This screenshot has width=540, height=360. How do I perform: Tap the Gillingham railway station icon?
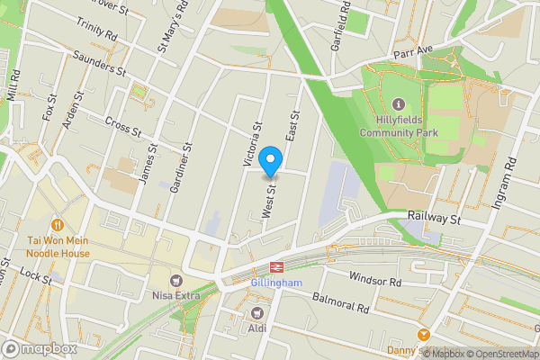[275, 267]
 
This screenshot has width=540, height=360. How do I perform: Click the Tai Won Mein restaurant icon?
[58, 224]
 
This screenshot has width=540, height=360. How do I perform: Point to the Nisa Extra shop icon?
[175, 281]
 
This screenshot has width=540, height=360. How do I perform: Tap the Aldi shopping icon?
[258, 313]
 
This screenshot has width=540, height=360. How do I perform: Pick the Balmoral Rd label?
[342, 301]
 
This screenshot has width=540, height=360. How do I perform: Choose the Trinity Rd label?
[97, 30]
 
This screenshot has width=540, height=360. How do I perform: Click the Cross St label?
[123, 127]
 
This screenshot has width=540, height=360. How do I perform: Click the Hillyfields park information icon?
[399, 105]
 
